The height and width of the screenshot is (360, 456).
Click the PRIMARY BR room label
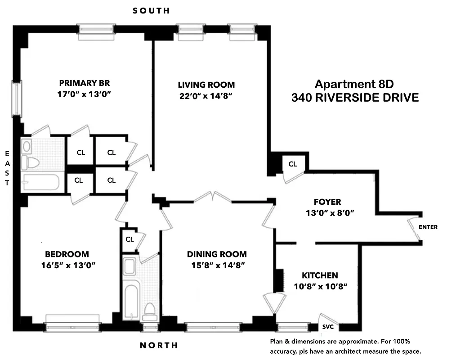(85, 83)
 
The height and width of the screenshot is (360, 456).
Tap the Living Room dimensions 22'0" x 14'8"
(206, 95)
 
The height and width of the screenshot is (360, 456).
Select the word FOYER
(327, 202)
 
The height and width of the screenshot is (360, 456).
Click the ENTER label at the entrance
(428, 227)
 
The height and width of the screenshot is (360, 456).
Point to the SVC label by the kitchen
(326, 327)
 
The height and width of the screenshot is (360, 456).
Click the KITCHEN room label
(320, 275)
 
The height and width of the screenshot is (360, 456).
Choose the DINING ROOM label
(217, 254)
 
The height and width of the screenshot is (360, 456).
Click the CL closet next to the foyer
(293, 164)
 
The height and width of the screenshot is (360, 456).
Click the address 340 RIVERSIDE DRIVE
(355, 97)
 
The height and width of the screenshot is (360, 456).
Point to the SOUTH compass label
(151, 10)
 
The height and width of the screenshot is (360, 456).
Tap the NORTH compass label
(159, 346)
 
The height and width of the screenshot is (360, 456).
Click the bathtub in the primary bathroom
(40, 182)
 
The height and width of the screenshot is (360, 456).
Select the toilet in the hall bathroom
(149, 311)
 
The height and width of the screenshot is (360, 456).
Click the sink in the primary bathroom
(27, 146)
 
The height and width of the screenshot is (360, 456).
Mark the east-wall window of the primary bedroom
(17, 99)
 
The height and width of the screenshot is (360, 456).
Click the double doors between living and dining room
(213, 196)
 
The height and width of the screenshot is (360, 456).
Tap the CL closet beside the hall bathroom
(130, 239)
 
